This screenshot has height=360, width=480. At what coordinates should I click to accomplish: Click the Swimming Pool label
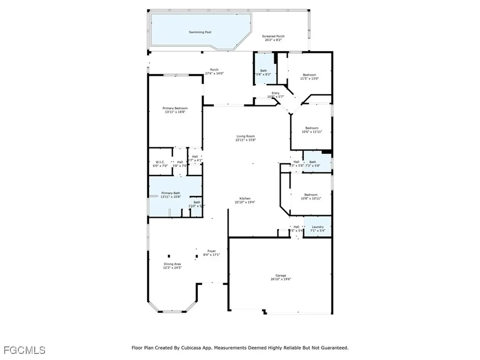(200, 32)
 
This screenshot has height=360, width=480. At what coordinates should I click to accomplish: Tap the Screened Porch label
(273, 36)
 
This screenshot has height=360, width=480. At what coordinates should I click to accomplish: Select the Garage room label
(281, 275)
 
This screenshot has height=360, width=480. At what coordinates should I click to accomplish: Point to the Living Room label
(245, 136)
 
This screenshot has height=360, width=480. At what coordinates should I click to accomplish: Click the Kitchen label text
(245, 198)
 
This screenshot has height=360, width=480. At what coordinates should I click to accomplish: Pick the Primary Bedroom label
(175, 108)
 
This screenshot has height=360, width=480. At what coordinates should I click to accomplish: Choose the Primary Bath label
(171, 193)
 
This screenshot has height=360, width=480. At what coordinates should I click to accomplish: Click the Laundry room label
(318, 227)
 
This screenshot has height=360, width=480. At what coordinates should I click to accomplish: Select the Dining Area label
(172, 264)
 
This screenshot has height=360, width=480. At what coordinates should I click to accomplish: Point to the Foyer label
(212, 251)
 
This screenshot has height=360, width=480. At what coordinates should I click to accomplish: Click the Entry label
(276, 93)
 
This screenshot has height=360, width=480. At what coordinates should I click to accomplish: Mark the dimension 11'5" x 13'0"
(309, 79)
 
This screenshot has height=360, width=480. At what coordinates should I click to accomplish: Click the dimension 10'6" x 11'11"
(312, 132)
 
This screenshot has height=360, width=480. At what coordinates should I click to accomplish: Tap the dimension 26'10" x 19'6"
(281, 279)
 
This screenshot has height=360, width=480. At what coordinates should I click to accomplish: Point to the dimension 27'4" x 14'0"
(214, 74)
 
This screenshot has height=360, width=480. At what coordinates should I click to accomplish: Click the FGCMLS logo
(24, 350)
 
